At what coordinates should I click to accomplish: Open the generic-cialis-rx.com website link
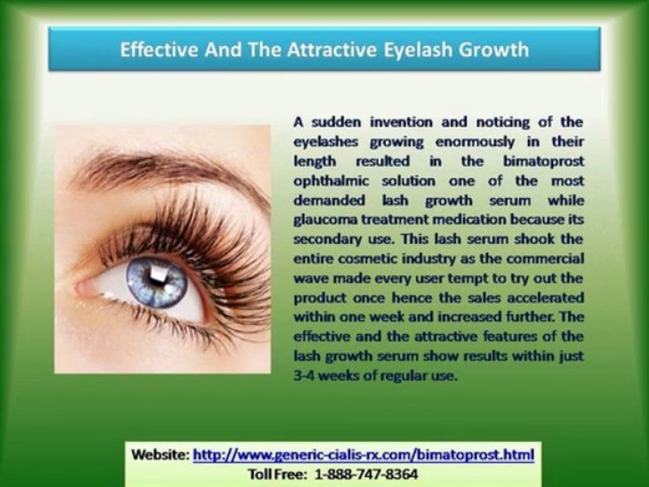[x=363, y=454]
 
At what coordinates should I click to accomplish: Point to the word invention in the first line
[x=384, y=122]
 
